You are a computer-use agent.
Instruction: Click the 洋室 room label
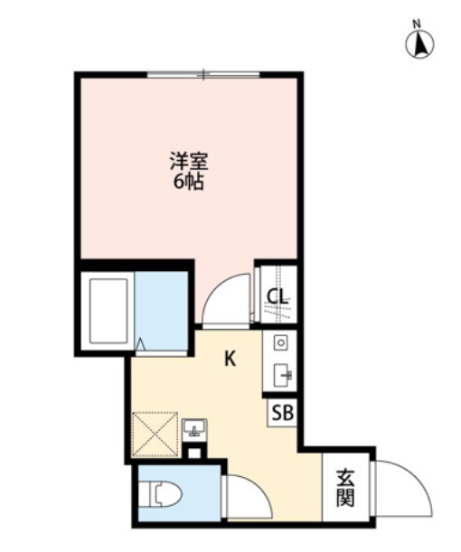click(x=189, y=161)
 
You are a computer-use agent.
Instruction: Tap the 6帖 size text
click(x=188, y=182)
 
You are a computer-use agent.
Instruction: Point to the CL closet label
click(x=278, y=295)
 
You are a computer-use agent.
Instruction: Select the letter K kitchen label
click(x=230, y=359)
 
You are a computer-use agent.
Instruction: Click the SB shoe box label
click(x=283, y=413)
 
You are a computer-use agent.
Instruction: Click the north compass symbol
click(x=419, y=44)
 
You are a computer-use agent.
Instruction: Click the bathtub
click(x=108, y=311)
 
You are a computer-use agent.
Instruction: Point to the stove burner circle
click(x=281, y=341)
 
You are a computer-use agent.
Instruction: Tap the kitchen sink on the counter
click(x=282, y=375)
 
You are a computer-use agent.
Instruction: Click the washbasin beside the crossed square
click(x=194, y=427)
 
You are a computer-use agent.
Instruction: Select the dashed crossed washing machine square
click(x=155, y=434)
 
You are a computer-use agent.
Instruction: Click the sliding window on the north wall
click(x=203, y=75)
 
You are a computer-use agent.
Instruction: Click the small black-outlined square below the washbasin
click(x=194, y=453)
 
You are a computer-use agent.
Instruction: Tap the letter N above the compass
click(x=417, y=24)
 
